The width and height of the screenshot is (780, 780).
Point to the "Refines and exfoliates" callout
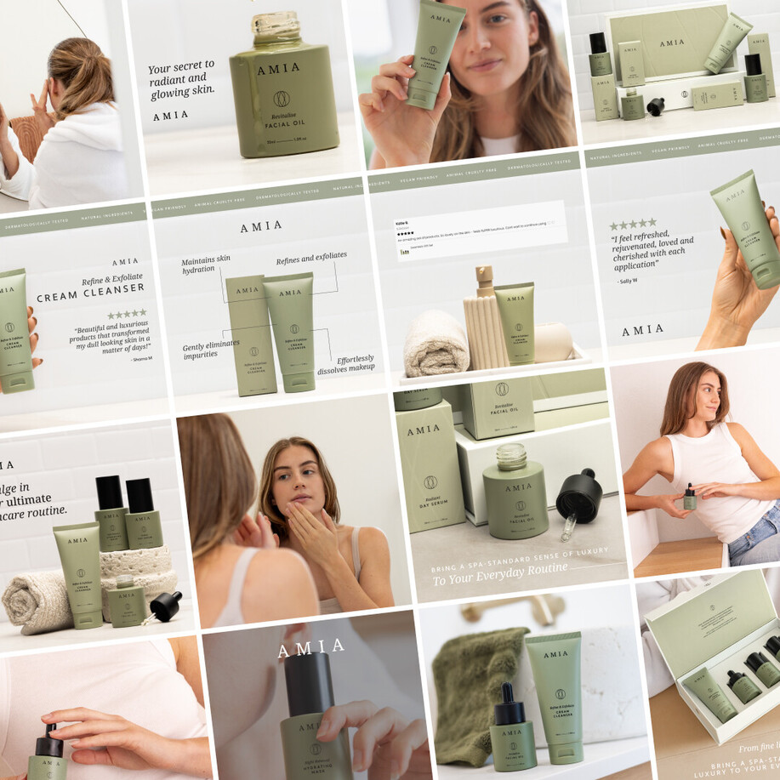311,255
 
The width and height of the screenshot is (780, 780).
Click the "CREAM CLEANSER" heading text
90,294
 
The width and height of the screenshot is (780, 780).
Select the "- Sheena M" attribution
142,358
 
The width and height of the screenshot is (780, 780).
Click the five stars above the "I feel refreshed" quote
632,225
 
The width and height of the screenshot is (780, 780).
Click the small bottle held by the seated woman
689,498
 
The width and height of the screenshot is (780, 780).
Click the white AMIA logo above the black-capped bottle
310,648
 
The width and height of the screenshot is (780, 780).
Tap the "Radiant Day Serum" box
429,468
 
